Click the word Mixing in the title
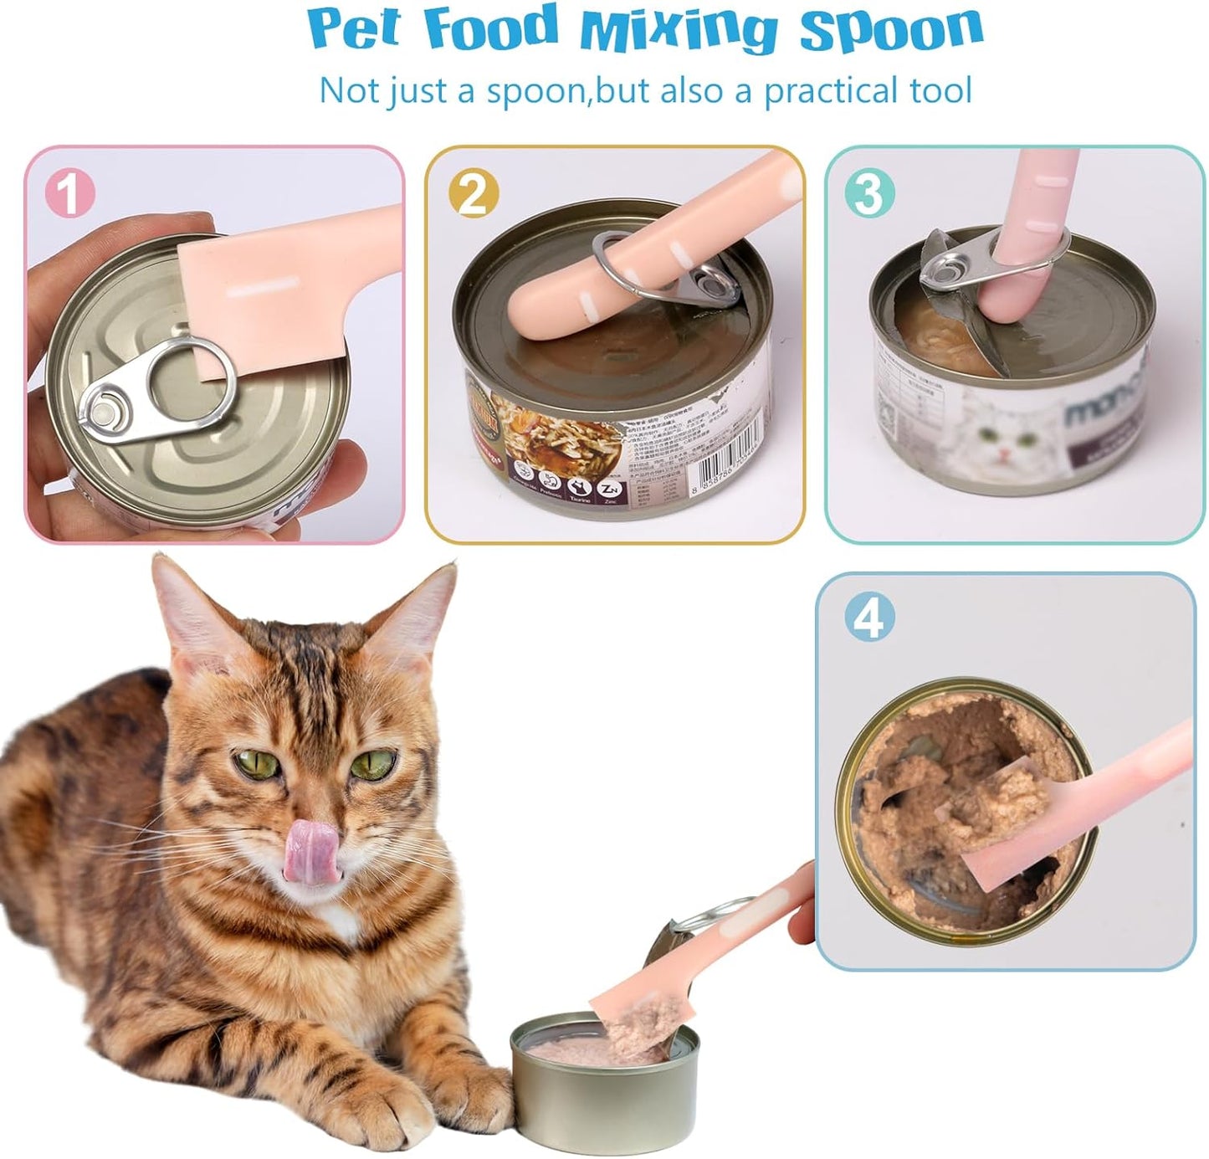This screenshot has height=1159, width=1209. coord(679,30)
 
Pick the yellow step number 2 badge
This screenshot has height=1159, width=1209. coord(473,194)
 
